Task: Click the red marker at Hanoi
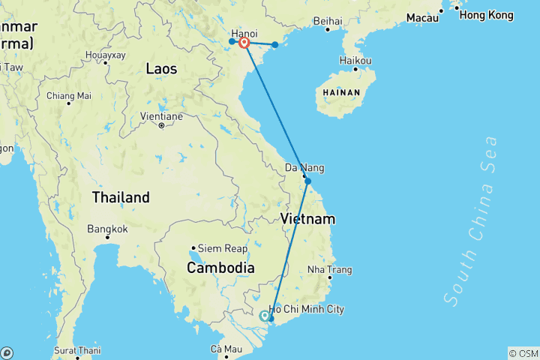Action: tap(244, 42)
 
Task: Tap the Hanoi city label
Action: tap(244, 34)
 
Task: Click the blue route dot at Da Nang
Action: tap(307, 181)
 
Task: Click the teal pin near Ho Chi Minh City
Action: tap(265, 316)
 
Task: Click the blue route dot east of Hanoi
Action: tap(275, 45)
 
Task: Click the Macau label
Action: tap(422, 16)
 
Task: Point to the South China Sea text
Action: tap(471, 219)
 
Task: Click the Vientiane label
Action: tap(161, 116)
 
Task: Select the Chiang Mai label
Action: tap(68, 95)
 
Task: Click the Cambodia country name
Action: tap(220, 268)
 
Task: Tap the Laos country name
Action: tap(161, 69)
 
